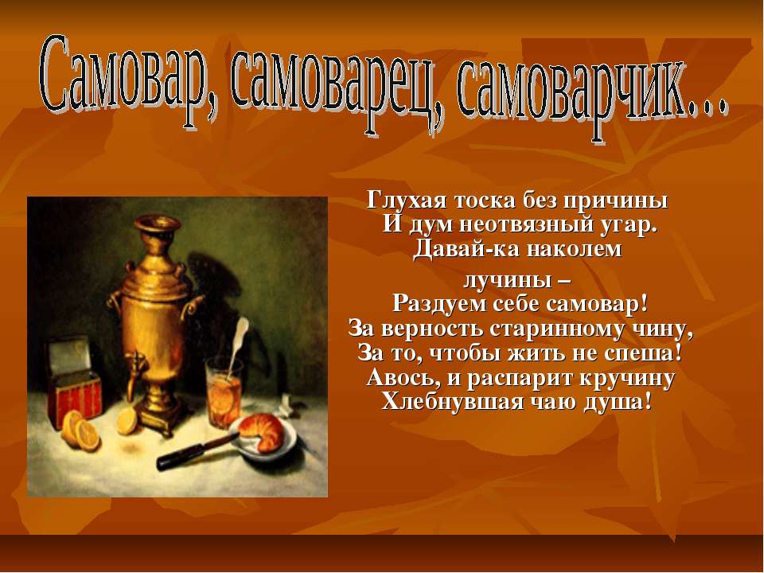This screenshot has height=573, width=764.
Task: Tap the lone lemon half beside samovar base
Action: (127, 423)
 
